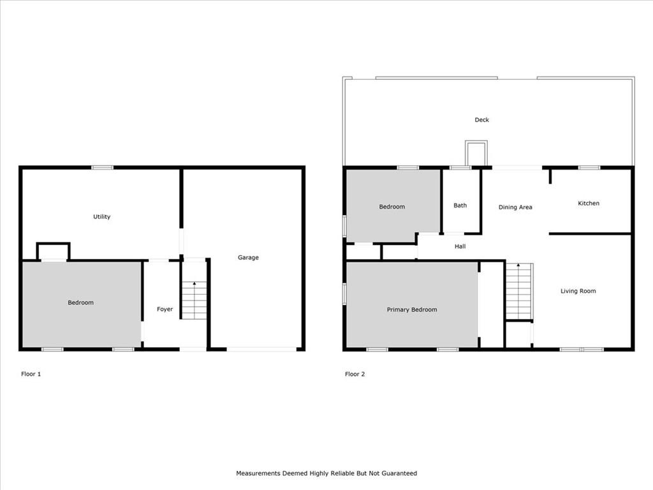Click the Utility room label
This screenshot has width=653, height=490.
pyautogui.click(x=101, y=217)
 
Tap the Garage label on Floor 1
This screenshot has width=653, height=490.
pyautogui.click(x=248, y=258)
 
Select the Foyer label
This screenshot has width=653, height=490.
pyautogui.click(x=165, y=309)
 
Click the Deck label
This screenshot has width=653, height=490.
pyautogui.click(x=482, y=119)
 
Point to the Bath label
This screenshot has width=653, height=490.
pyautogui.click(x=460, y=205)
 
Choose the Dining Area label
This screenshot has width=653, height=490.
pyautogui.click(x=515, y=207)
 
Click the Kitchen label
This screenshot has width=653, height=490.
pyautogui.click(x=589, y=204)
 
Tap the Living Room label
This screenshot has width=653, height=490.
pyautogui.click(x=578, y=291)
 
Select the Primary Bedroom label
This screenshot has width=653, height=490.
pyautogui.click(x=412, y=309)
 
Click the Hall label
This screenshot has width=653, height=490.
pyautogui.click(x=460, y=246)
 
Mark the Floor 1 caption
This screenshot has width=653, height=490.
pyautogui.click(x=31, y=374)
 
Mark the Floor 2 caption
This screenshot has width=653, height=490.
pyautogui.click(x=355, y=374)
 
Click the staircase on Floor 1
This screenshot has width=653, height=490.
pyautogui.click(x=194, y=301)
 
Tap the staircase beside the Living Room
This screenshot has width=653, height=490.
pyautogui.click(x=519, y=292)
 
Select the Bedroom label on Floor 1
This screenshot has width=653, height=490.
pyautogui.click(x=80, y=302)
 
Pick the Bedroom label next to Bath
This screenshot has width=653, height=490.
pyautogui.click(x=392, y=207)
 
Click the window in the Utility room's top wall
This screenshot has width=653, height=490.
pyautogui.click(x=103, y=168)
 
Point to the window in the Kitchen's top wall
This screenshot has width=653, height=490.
pyautogui.click(x=589, y=168)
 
